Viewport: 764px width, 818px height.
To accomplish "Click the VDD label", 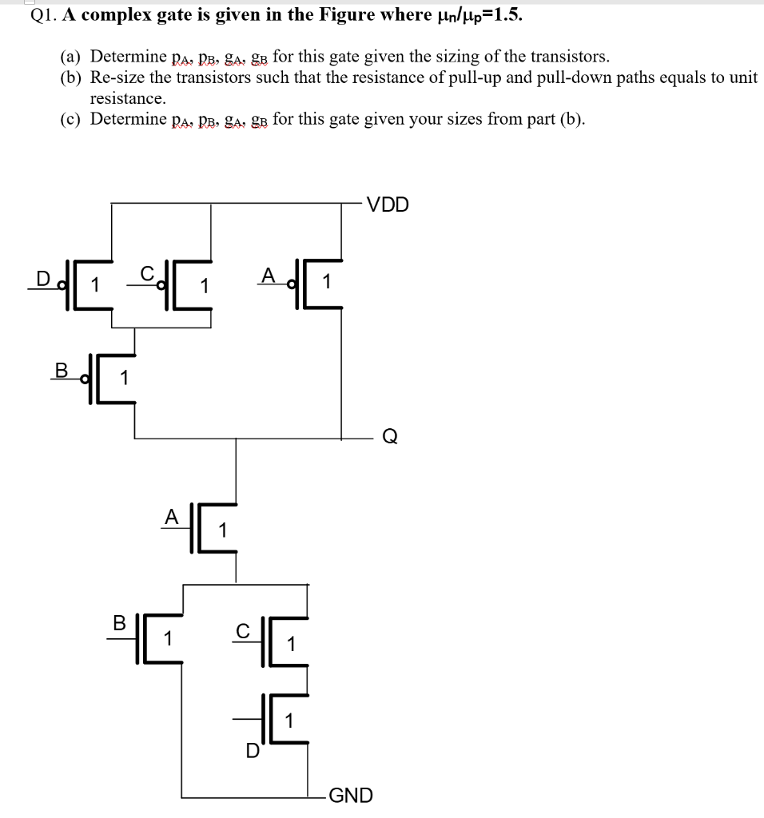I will tap(388, 204).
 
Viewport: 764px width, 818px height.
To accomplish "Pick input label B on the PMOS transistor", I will tap(60, 371).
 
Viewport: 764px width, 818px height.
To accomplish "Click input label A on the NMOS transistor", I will tap(170, 518).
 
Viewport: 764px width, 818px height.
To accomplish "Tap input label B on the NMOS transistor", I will tap(119, 623).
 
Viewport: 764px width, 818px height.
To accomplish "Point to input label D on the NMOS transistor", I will tap(252, 751).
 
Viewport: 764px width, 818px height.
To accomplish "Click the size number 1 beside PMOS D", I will tap(94, 284).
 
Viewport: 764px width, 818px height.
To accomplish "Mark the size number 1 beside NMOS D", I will tap(289, 720).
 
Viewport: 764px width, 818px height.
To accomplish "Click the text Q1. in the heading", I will tap(44, 16).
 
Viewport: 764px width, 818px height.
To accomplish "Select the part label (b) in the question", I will tap(73, 77).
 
